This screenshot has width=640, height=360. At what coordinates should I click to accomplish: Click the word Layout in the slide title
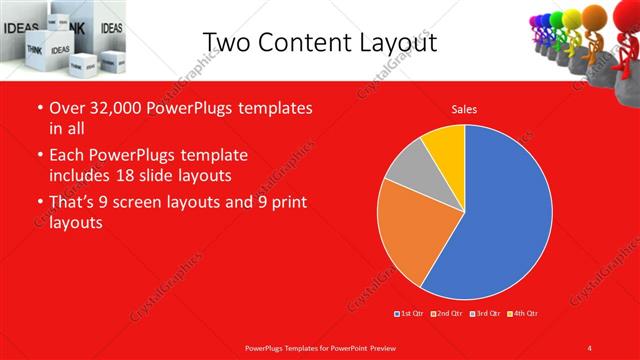(399, 42)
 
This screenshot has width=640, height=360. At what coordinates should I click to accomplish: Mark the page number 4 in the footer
(590, 347)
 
